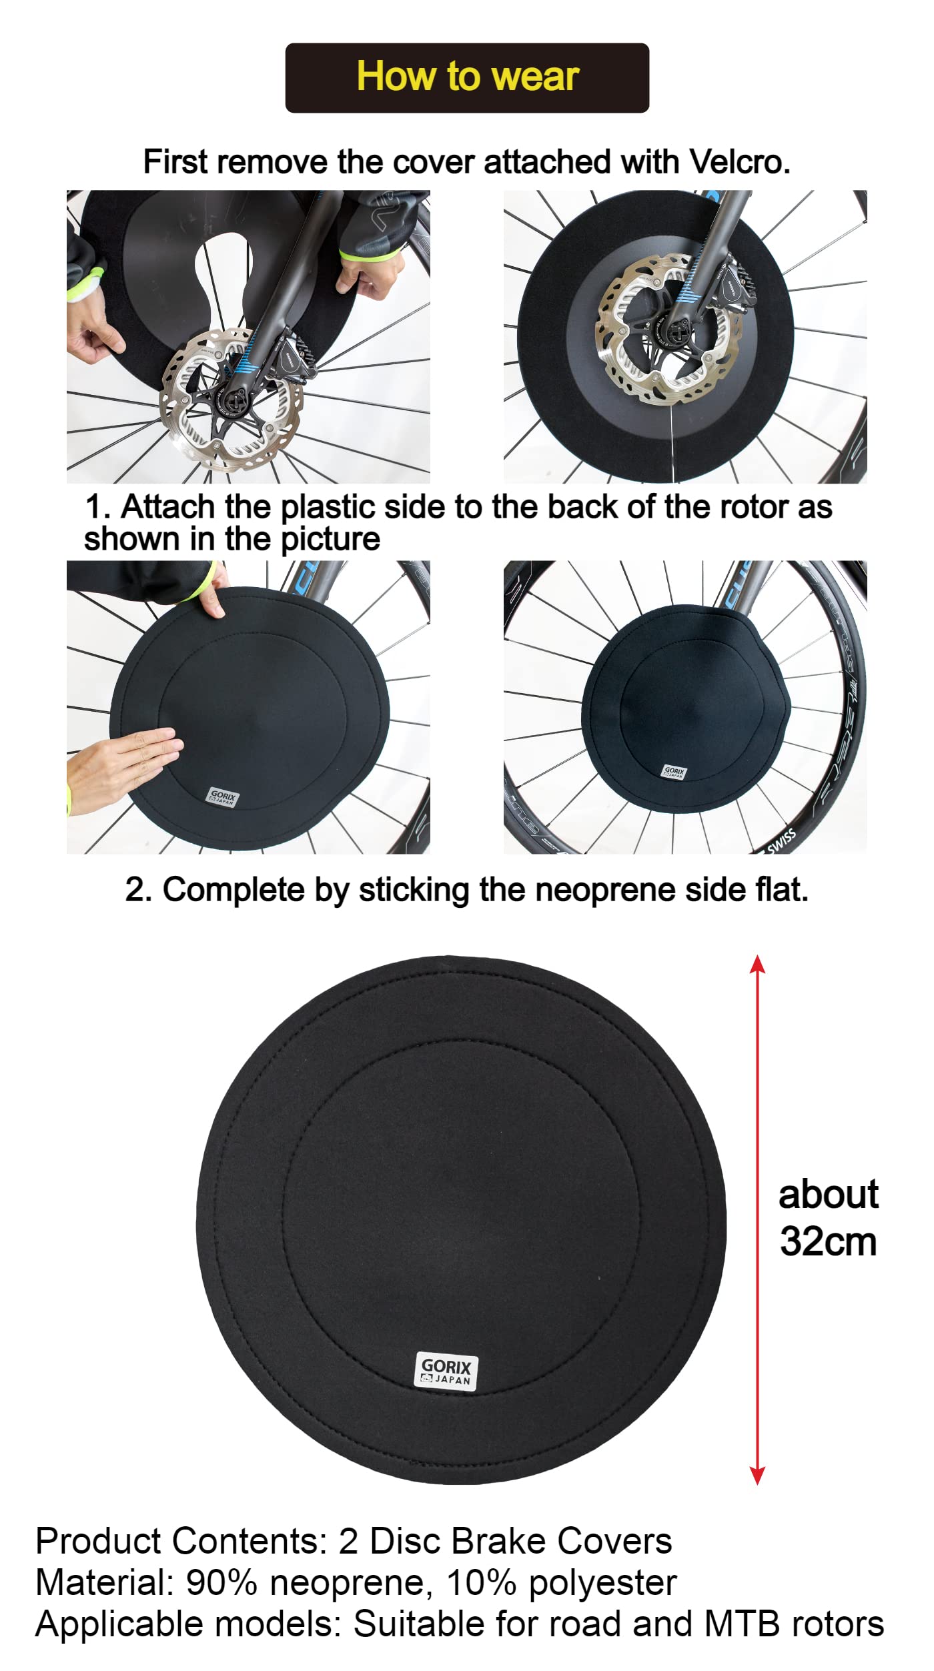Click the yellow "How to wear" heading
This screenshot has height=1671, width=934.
coord(468,76)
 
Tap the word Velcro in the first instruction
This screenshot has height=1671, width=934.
coord(740,162)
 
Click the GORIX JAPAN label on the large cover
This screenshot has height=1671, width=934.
coord(446,1371)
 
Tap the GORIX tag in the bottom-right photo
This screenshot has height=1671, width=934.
coord(674,772)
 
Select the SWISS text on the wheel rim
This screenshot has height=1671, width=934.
coord(781,841)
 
